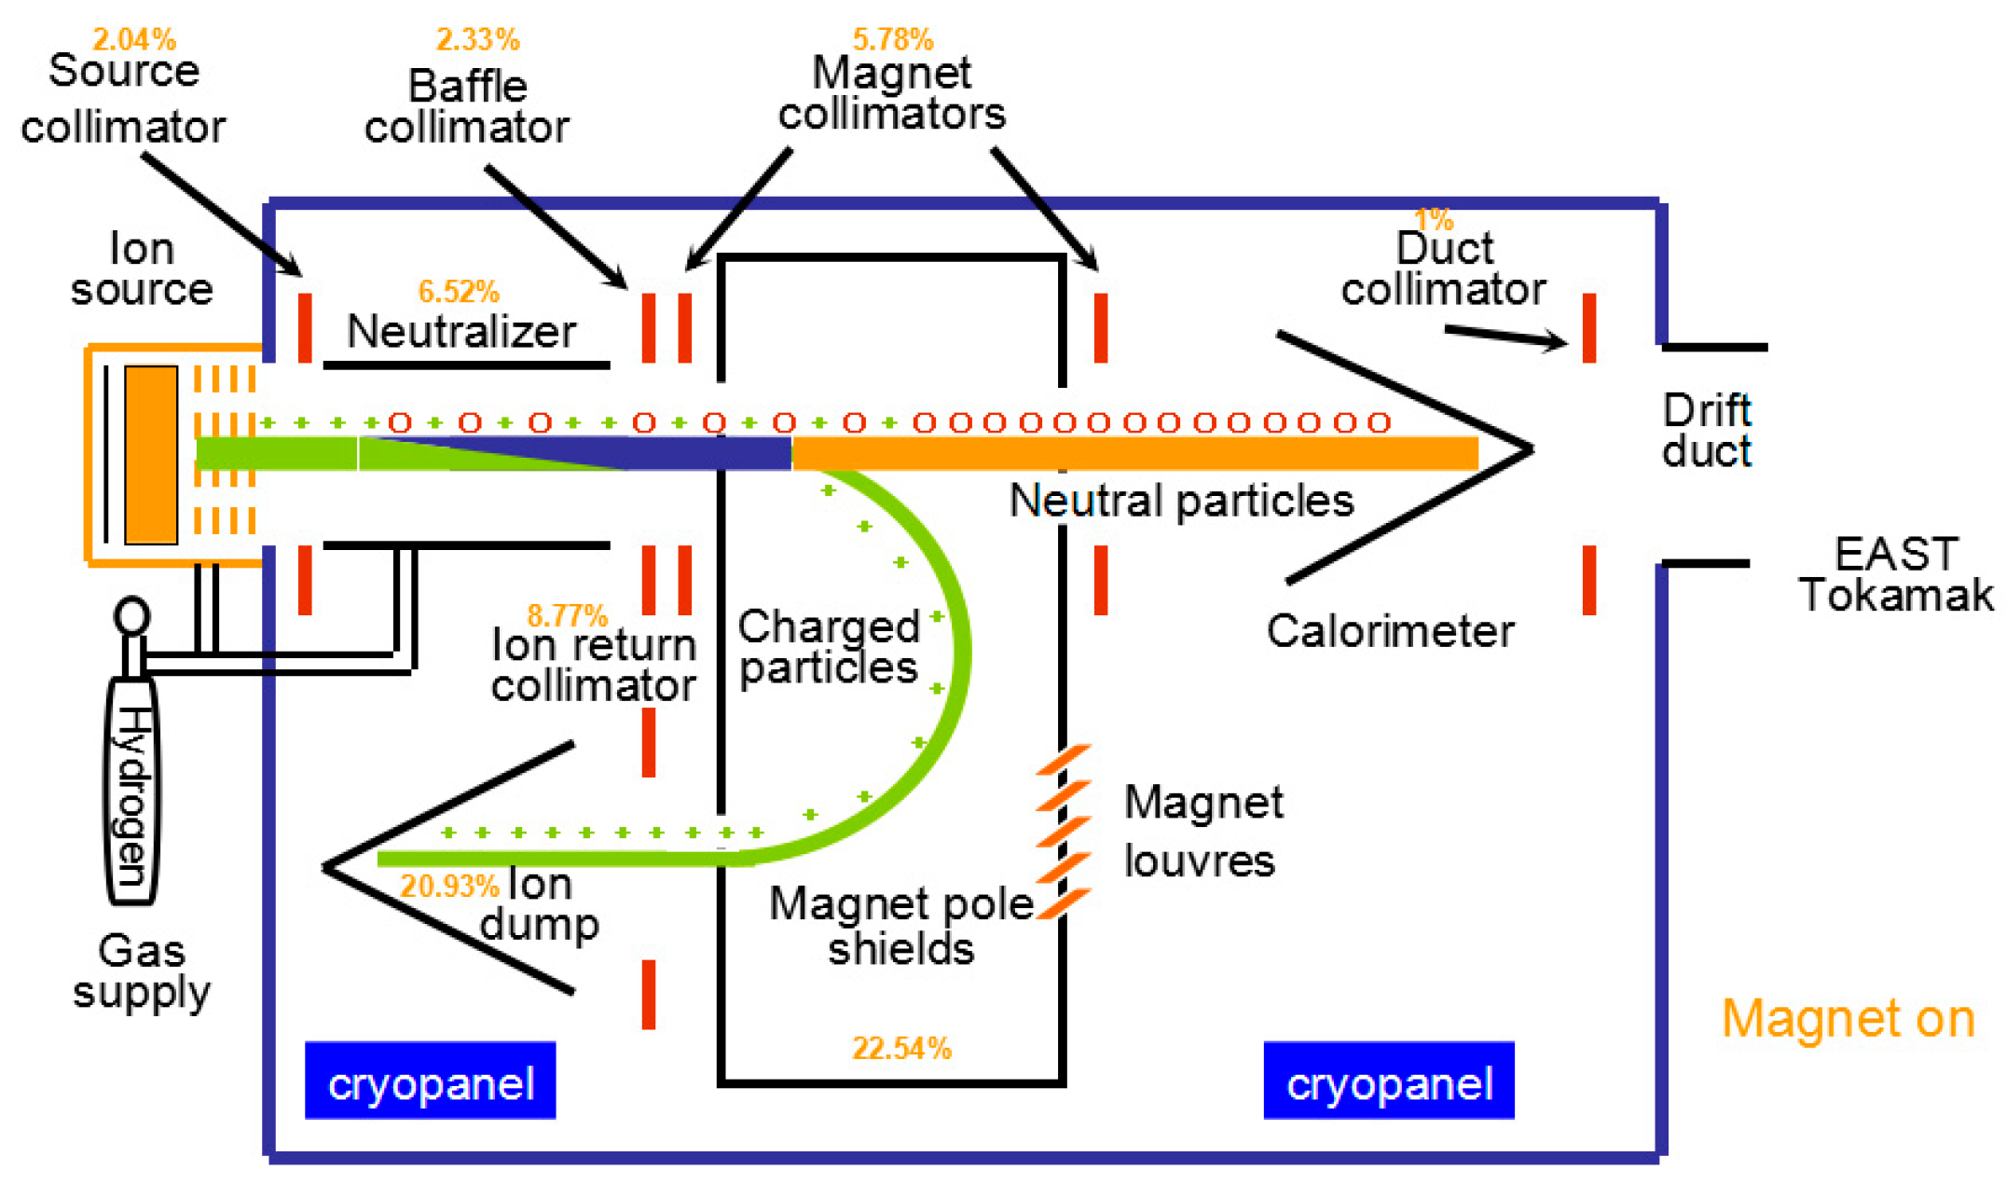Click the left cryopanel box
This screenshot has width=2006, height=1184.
point(430,1081)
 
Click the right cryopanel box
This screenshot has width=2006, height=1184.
point(1389,1081)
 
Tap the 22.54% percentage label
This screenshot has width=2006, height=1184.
point(901,1049)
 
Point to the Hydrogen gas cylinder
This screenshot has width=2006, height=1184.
point(132,792)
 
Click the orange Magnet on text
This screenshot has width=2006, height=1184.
point(1848,1018)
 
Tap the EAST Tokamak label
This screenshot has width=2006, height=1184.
point(1895,574)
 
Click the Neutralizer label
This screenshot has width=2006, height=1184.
point(461,332)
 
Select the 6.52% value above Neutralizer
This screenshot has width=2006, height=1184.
point(458,292)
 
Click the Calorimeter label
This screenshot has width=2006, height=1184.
point(1390,631)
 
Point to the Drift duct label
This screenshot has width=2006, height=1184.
point(1706,431)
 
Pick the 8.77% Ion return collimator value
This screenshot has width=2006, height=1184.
point(567,615)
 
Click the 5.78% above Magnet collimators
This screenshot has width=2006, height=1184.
point(892,39)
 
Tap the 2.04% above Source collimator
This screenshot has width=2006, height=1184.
point(134,39)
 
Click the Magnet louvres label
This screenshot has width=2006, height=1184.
point(1202,831)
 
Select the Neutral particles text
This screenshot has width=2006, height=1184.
point(1181,501)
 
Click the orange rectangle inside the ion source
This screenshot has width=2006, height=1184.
point(151,455)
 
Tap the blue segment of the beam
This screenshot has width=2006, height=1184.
point(653,454)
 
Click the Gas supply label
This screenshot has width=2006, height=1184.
point(142,971)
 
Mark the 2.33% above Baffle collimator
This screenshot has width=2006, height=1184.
point(477,39)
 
